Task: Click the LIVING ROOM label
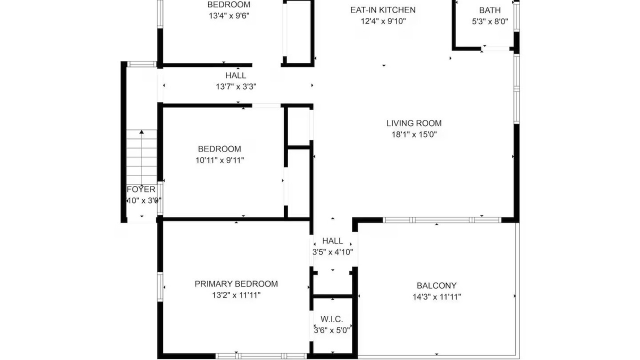coord(414,123)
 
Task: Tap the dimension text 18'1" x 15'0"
coord(414,134)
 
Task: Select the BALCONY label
coord(436,285)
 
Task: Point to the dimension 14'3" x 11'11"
coord(436,297)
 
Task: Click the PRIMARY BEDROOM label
coord(236,283)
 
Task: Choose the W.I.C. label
coord(331,319)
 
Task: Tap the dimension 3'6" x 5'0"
coord(331,330)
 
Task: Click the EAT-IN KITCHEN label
coord(383,10)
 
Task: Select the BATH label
coord(489,10)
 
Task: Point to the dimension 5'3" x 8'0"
coord(489,21)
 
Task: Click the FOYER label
coord(141,189)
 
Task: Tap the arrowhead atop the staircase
coord(141,131)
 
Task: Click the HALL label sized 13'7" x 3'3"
coord(235,75)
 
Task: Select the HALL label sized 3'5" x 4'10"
coord(332,241)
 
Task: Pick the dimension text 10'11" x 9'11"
coord(219,160)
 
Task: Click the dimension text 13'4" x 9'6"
coord(229,15)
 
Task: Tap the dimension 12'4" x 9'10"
coord(383,21)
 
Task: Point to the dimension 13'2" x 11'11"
coord(236,295)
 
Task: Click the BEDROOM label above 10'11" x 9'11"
coord(219,149)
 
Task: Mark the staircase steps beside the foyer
coord(141,157)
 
